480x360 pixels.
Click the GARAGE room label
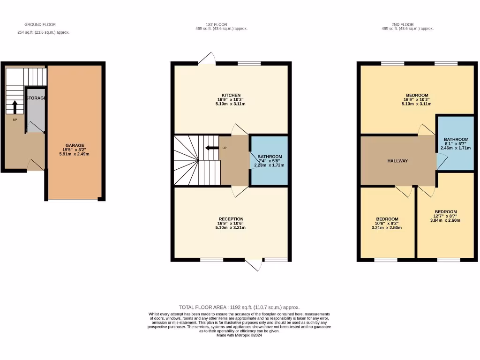click(x=75, y=145)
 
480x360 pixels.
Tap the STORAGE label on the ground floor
click(x=36, y=98)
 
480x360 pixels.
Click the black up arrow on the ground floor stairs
click(x=15, y=106)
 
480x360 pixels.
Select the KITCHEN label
click(x=231, y=95)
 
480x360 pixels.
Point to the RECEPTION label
click(x=231, y=219)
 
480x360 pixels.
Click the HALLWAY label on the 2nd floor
click(x=397, y=161)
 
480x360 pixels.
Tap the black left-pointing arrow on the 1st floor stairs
click(x=211, y=148)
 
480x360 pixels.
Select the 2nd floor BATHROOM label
click(x=456, y=139)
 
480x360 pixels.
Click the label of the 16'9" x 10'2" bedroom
click(x=416, y=95)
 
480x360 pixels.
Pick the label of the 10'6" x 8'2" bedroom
click(x=387, y=219)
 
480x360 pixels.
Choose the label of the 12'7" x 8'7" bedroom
click(x=445, y=211)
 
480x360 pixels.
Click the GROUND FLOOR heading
click(x=40, y=24)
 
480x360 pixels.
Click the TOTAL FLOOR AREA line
click(x=239, y=307)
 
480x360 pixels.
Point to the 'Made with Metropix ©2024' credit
click(x=239, y=335)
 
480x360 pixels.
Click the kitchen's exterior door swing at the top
click(x=207, y=58)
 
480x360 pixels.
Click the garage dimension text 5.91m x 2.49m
click(x=75, y=154)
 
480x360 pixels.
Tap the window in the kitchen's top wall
click(x=249, y=63)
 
